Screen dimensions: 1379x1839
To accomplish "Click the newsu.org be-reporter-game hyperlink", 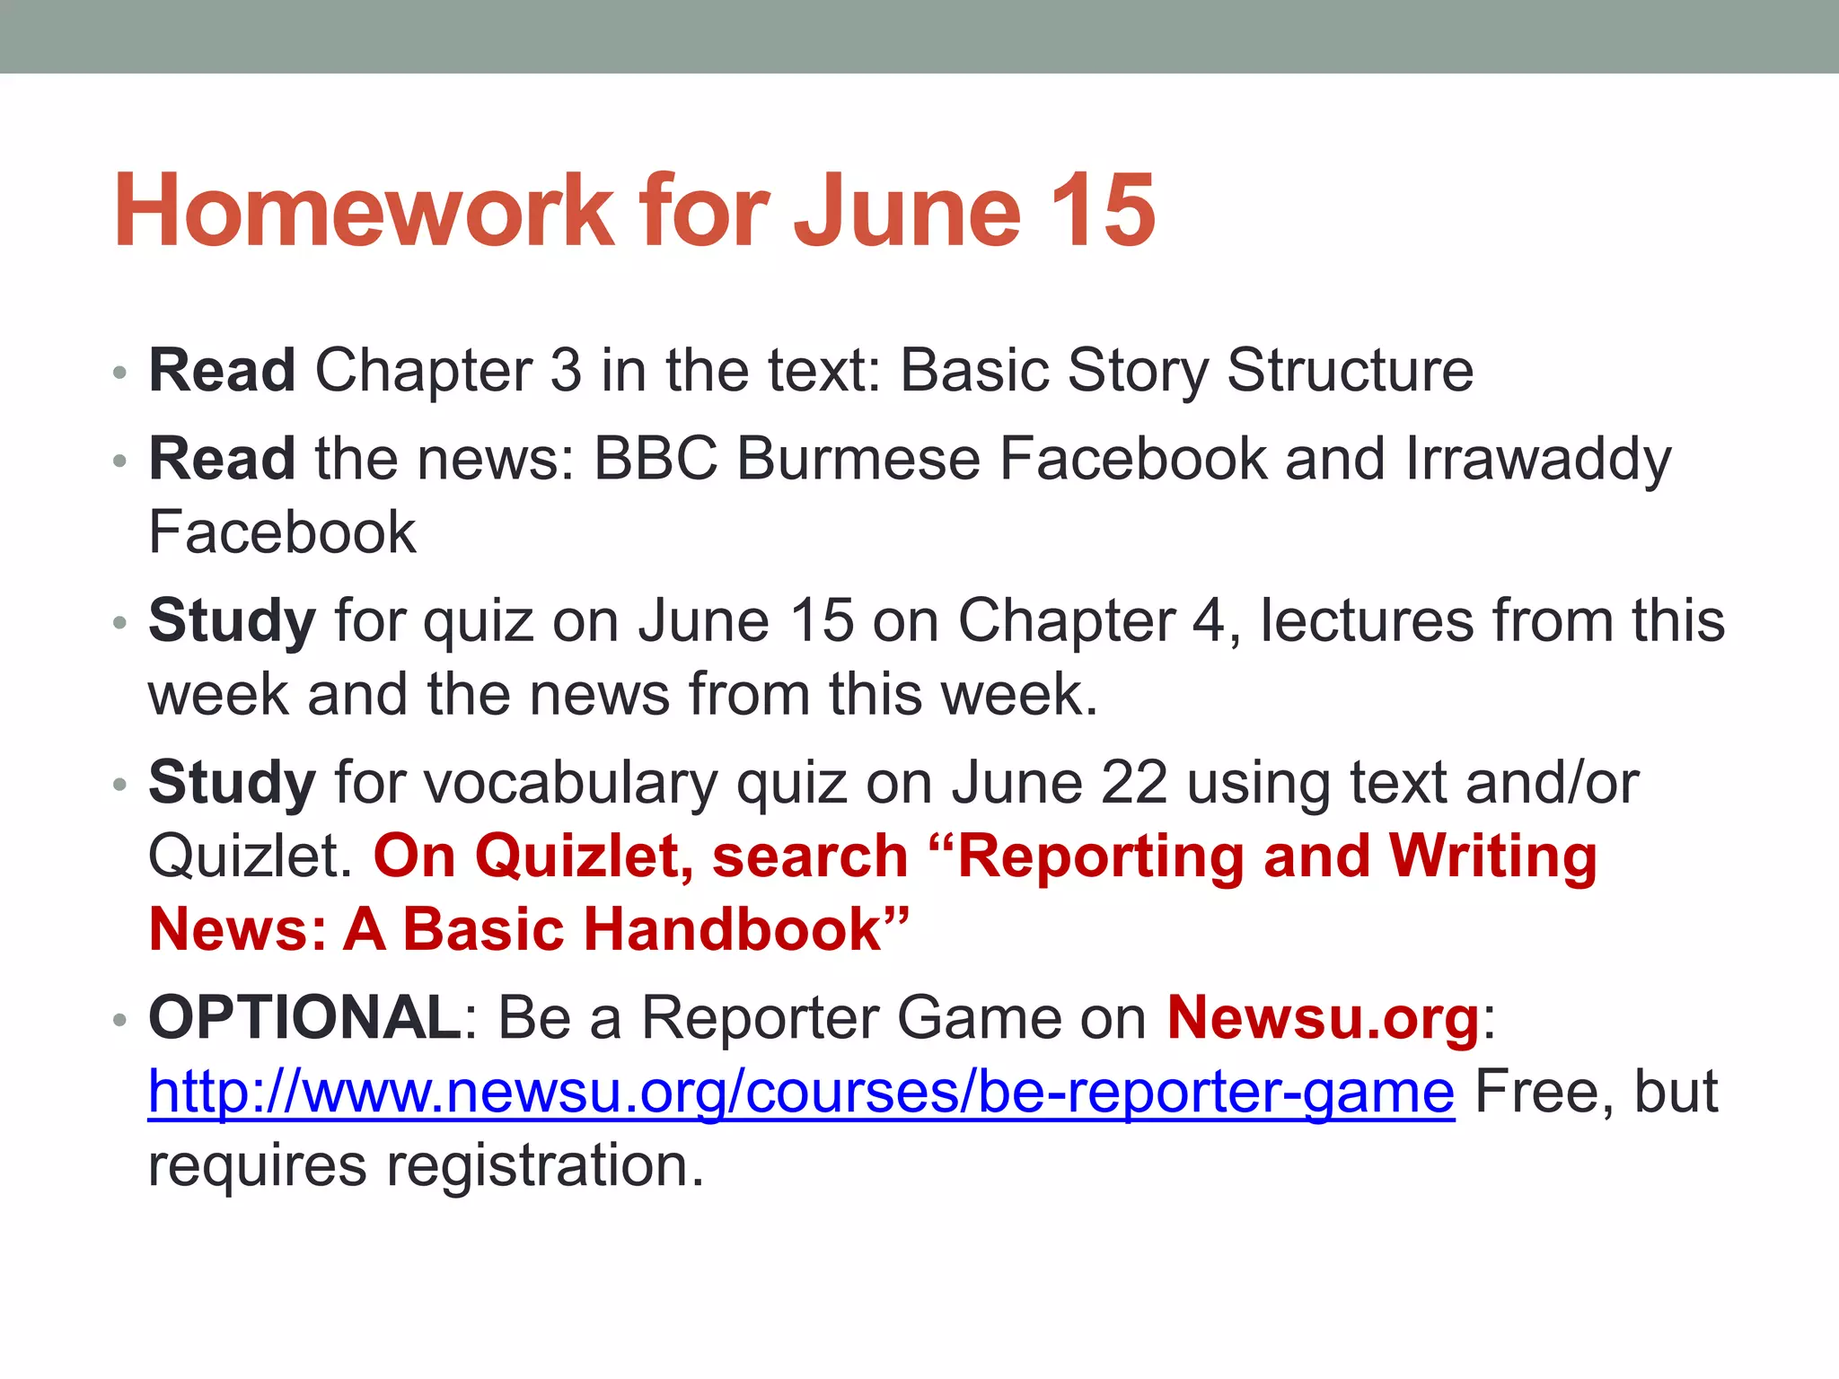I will pyautogui.click(x=800, y=1093).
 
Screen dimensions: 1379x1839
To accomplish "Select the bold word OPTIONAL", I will pyautogui.click(x=304, y=1018).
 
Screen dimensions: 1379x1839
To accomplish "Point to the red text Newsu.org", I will pyautogui.click(x=1323, y=1018).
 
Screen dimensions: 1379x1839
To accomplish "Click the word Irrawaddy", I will pyautogui.click(x=1538, y=460).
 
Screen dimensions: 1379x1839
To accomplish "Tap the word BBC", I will pyautogui.click(x=656, y=460).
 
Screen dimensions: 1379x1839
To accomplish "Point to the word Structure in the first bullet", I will pyautogui.click(x=1350, y=370).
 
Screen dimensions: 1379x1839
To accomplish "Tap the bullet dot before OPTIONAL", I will pyautogui.click(x=119, y=1020).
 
